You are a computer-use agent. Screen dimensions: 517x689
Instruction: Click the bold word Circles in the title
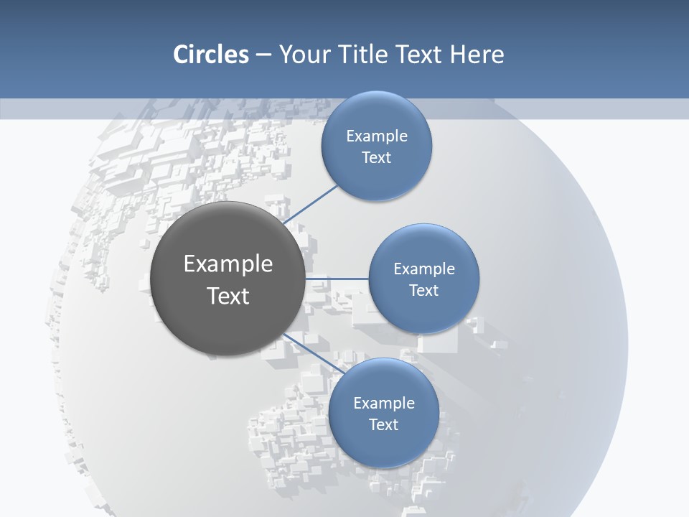pos(210,55)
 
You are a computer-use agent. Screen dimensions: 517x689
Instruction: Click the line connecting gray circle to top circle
pos(310,205)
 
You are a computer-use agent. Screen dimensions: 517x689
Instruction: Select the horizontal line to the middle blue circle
pos(337,278)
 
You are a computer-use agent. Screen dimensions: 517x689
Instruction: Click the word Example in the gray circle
pos(228,264)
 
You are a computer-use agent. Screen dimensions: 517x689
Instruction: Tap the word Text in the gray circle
pos(228,296)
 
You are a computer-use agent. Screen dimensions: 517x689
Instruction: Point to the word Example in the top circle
pos(376,136)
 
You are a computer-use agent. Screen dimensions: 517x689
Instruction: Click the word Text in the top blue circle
pos(376,157)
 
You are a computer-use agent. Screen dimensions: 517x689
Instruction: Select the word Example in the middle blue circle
pos(423,269)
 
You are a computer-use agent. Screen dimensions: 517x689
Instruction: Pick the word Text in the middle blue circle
pos(423,290)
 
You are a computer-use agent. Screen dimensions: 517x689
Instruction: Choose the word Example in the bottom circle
pos(383,403)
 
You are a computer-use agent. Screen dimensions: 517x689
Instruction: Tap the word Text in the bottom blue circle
pos(383,424)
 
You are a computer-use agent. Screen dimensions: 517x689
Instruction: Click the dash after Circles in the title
pos(263,55)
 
